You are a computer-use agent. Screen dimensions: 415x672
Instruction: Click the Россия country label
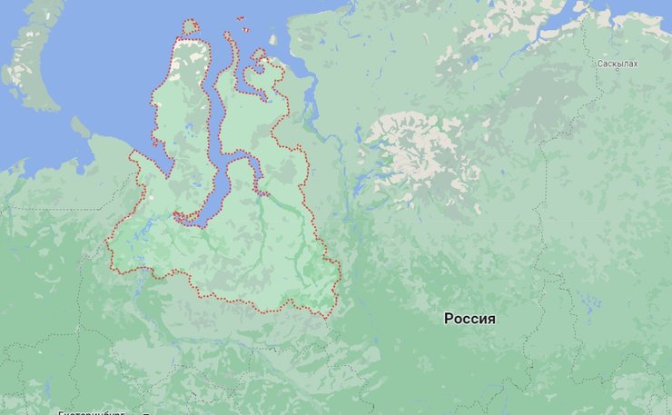coord(469,319)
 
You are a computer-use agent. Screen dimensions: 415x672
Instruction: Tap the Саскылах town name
coord(618,64)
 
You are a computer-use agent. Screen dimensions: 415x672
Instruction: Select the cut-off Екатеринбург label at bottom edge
coord(91,411)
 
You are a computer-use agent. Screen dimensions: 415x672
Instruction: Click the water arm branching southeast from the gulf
coord(246,168)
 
